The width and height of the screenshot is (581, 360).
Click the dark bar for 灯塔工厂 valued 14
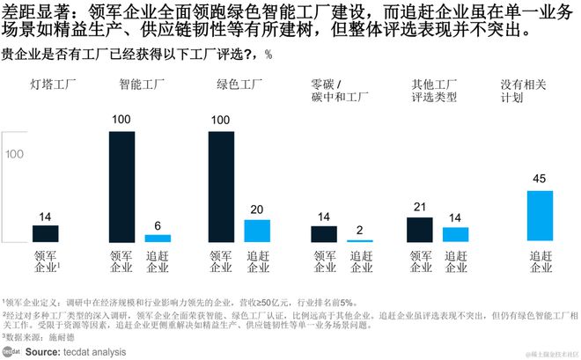46,233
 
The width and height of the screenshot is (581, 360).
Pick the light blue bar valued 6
158,238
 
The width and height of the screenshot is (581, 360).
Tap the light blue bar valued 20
257,231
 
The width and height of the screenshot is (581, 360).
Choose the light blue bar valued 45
540,216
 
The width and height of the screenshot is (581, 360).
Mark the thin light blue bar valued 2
359,240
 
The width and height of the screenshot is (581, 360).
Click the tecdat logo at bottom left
11,351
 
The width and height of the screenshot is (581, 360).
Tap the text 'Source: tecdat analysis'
75,351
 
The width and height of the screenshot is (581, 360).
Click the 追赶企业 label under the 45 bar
540,261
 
